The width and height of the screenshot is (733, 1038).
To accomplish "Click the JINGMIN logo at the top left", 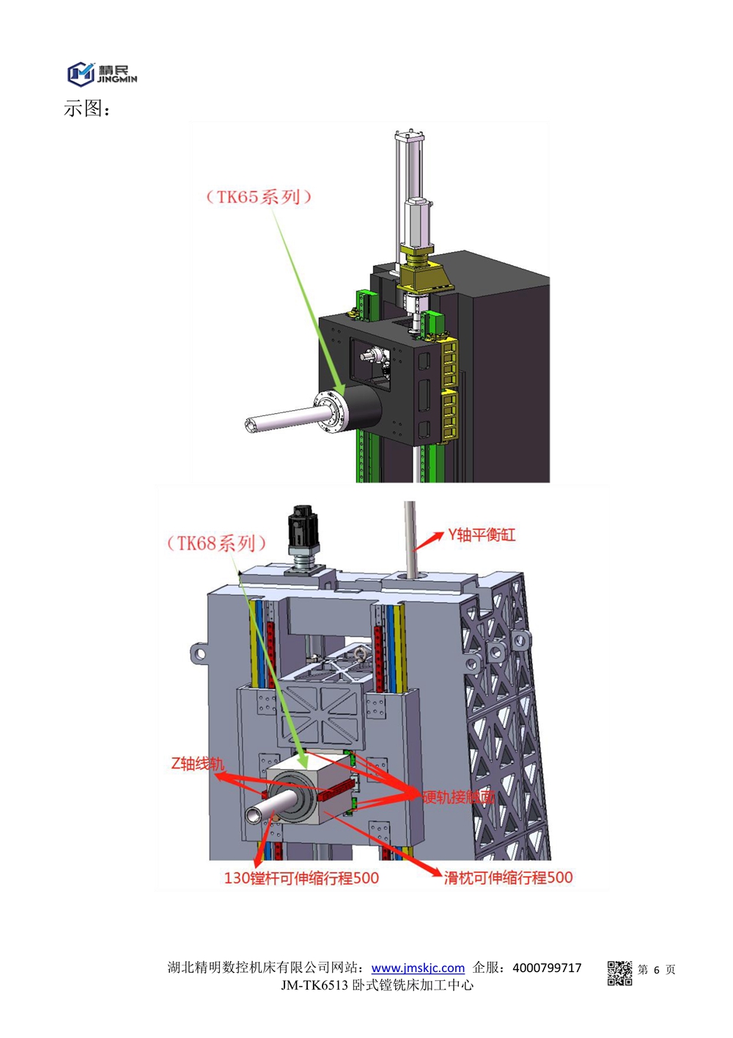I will click(102, 73).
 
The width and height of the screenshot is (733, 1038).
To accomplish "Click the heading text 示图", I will click(86, 108).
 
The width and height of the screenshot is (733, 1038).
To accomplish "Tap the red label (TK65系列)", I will click(258, 196).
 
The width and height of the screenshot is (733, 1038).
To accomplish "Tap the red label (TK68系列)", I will click(216, 543).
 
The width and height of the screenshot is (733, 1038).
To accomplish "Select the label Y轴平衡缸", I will click(482, 535).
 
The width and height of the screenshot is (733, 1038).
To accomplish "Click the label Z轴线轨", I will click(196, 763).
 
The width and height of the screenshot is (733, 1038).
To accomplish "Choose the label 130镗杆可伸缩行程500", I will click(301, 878).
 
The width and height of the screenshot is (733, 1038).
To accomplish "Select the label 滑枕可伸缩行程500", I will click(508, 877).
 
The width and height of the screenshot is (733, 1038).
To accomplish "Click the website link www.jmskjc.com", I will click(418, 968).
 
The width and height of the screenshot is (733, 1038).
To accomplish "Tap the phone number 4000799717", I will click(547, 968).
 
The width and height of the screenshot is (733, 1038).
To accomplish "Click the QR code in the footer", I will click(619, 972).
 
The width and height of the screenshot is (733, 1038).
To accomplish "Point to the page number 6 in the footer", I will click(656, 970).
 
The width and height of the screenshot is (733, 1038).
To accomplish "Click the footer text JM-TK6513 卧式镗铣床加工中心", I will click(377, 985).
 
